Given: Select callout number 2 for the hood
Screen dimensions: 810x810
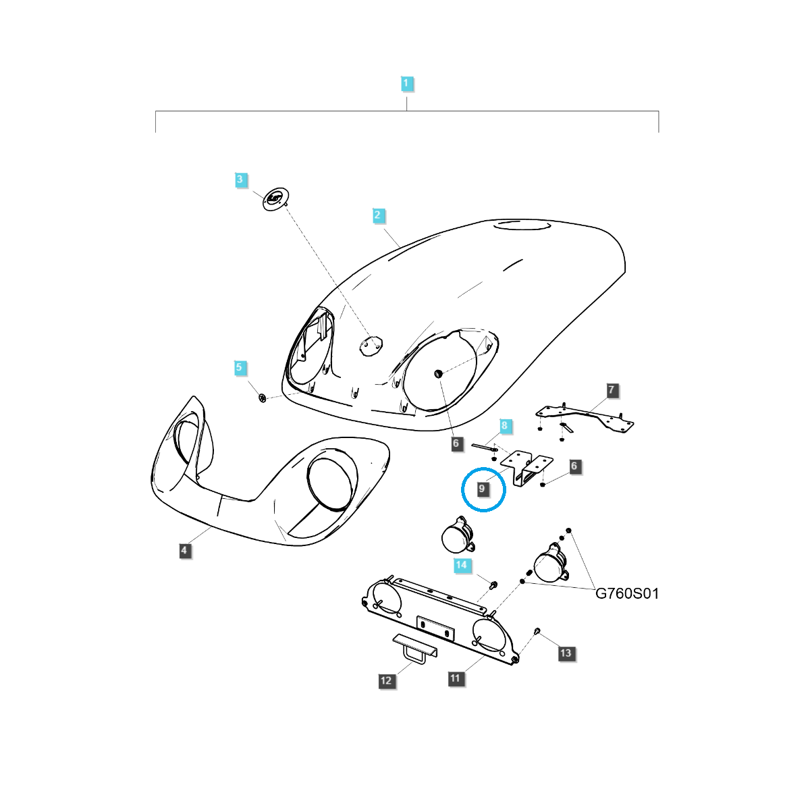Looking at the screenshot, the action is [377, 215].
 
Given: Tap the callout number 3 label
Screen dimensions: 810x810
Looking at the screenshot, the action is [240, 180].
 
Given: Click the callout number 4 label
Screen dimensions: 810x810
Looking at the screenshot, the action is [184, 550].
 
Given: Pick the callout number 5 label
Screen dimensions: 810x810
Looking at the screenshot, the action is [239, 367].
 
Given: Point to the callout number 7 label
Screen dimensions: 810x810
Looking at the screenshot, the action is [612, 390].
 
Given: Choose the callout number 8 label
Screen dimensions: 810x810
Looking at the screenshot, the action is [505, 425].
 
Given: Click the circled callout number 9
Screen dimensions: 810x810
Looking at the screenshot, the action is [482, 489].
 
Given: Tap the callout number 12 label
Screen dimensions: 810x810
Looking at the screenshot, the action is [386, 680].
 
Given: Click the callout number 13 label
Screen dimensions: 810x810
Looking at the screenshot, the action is [566, 653].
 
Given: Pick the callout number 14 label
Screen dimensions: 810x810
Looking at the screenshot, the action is [461, 565].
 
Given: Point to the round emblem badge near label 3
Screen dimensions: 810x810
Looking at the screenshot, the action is [275, 199].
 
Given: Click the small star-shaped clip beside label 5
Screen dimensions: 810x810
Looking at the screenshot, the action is [263, 398].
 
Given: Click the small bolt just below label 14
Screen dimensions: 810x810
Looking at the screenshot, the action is [493, 585].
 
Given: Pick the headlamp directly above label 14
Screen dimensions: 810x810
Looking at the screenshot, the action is [458, 535].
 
